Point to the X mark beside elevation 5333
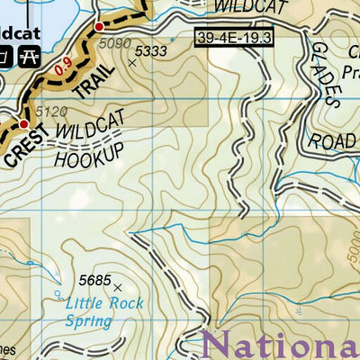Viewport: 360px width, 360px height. pos(133,63)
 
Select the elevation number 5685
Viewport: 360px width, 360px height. pos(94,280)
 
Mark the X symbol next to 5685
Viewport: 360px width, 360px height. pos(118,287)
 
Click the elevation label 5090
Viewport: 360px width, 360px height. pos(116,42)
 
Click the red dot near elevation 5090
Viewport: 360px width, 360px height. pos(99,27)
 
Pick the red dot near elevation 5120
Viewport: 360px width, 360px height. pos(25,124)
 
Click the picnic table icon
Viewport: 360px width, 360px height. pos(28,58)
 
